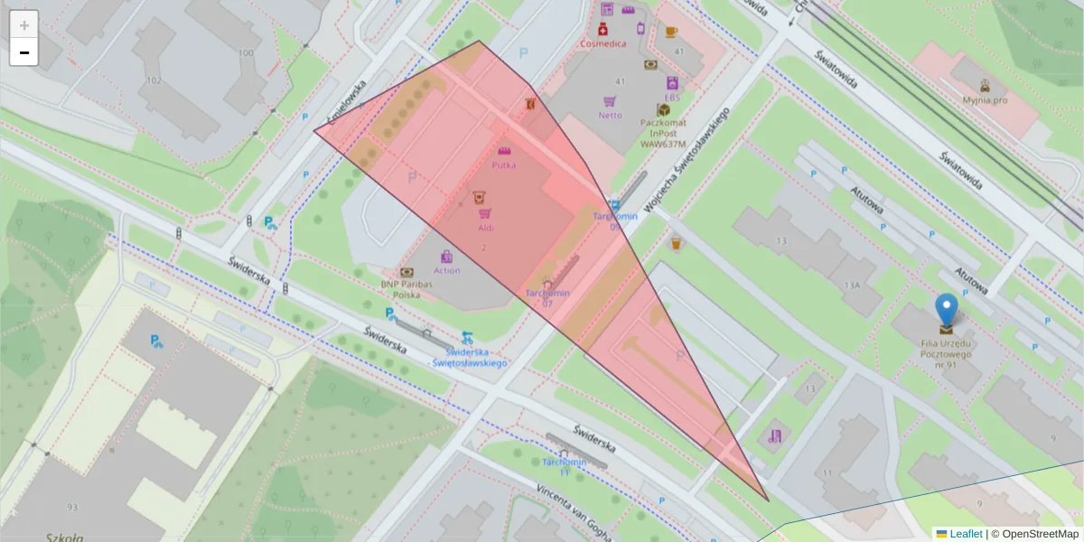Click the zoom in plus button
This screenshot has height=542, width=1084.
coord(23,25)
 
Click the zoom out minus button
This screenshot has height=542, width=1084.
coord(23,53)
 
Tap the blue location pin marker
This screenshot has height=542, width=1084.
coord(946,312)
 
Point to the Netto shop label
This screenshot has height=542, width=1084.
coord(610,115)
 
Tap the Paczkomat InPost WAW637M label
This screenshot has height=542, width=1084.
coord(663,132)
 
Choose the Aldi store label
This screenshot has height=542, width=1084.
coord(485,229)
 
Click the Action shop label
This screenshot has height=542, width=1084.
coord(446,270)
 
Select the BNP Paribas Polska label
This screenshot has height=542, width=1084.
coord(406,289)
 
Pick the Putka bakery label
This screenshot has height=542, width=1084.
coord(503,165)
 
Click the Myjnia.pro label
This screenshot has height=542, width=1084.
coord(985,100)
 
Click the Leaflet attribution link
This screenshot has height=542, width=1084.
coord(965,534)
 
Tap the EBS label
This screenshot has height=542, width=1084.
coord(672,97)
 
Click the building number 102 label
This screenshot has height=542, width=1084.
coord(154,80)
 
